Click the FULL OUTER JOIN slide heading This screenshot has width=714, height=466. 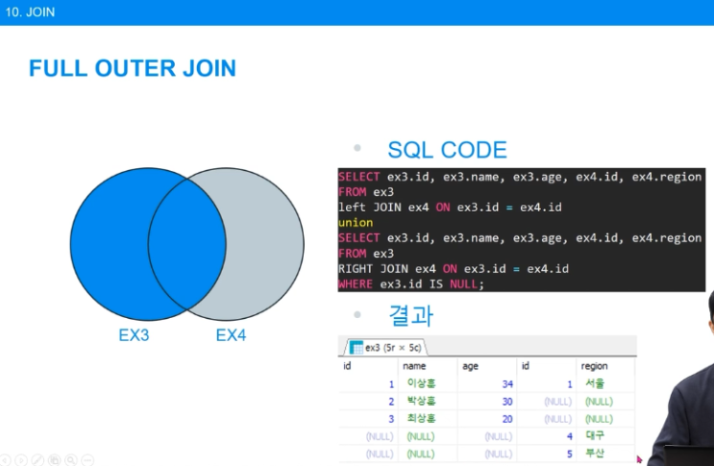[x=132, y=68]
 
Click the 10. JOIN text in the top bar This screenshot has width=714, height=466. [x=30, y=12]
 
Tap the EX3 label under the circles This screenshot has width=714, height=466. [x=134, y=335]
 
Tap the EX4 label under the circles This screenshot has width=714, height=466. [x=231, y=335]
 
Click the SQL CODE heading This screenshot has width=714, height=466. [x=447, y=150]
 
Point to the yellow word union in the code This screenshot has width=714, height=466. [x=356, y=223]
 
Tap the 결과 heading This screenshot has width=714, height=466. [x=411, y=314]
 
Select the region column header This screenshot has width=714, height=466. [x=594, y=366]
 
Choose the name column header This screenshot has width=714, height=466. [x=414, y=366]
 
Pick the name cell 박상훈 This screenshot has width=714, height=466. [x=421, y=402]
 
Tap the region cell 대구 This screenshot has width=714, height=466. [x=595, y=436]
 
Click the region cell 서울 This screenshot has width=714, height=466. [x=595, y=384]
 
